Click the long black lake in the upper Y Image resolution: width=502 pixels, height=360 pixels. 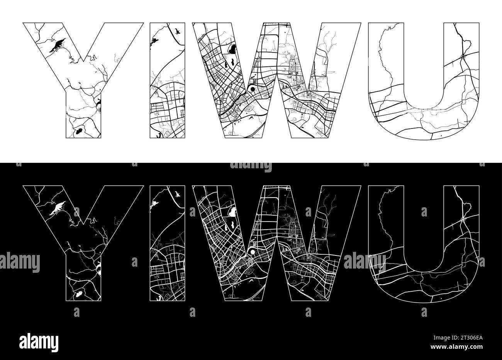[58, 46]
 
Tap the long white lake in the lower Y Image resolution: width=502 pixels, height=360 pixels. [58, 208]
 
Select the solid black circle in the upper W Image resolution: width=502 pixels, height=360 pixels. [253, 89]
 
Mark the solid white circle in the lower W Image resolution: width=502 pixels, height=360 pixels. [253, 252]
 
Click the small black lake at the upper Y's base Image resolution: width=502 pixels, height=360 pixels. [79, 131]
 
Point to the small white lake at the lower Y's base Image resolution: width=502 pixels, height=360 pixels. [79, 294]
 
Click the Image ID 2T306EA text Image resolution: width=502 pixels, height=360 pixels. [458, 338]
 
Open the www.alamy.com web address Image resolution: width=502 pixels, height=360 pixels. [457, 347]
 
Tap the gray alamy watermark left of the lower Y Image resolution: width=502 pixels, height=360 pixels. [20, 263]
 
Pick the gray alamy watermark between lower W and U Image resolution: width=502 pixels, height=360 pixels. [365, 262]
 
